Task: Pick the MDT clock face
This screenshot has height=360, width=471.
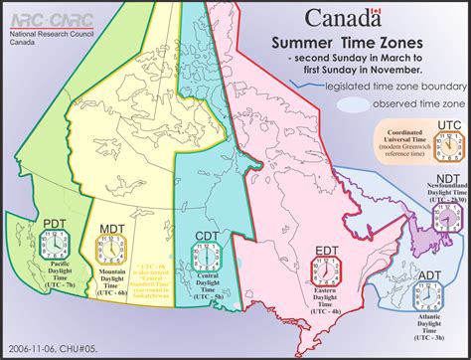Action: pyautogui.click(x=108, y=272)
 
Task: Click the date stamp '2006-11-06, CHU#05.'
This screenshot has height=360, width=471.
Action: pyautogui.click(x=47, y=348)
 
